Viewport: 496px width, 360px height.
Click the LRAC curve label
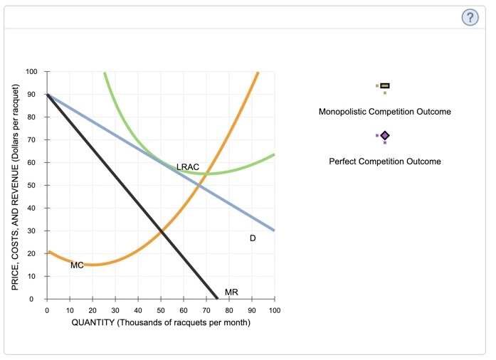pyautogui.click(x=188, y=166)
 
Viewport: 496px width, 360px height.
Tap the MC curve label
pyautogui.click(x=77, y=265)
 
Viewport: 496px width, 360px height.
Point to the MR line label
pyautogui.click(x=231, y=292)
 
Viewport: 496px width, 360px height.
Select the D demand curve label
pyautogui.click(x=253, y=238)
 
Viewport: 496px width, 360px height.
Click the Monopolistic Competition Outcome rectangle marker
pyautogui.click(x=385, y=86)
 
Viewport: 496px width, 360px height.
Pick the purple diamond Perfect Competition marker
pyautogui.click(x=385, y=135)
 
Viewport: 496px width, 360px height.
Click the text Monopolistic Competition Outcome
pyautogui.click(x=385, y=112)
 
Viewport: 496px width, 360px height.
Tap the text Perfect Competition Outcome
pyautogui.click(x=385, y=162)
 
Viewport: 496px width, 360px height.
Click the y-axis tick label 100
pyautogui.click(x=31, y=72)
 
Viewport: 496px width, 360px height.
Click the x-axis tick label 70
pyautogui.click(x=206, y=311)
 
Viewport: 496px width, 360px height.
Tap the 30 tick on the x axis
pyautogui.click(x=115, y=311)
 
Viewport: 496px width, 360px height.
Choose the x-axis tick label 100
pyautogui.click(x=275, y=311)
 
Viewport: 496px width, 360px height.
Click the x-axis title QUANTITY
pyautogui.click(x=161, y=323)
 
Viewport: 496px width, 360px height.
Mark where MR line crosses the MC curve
pyautogui.click(x=161, y=231)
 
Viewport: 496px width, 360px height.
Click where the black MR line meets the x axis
pyautogui.click(x=218, y=299)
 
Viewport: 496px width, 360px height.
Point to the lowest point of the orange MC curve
pyautogui.click(x=93, y=265)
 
